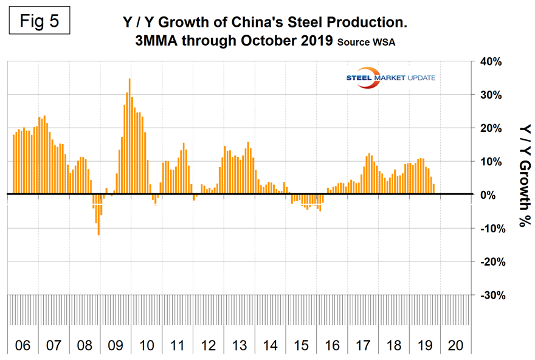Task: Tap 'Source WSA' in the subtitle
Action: [x=368, y=43]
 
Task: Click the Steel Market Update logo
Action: [x=389, y=78]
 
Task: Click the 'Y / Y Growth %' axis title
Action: [x=522, y=173]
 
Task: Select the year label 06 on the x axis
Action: [x=22, y=345]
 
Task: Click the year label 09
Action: [x=116, y=345]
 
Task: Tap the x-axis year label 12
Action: [x=209, y=345]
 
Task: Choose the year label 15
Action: [x=302, y=345]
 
